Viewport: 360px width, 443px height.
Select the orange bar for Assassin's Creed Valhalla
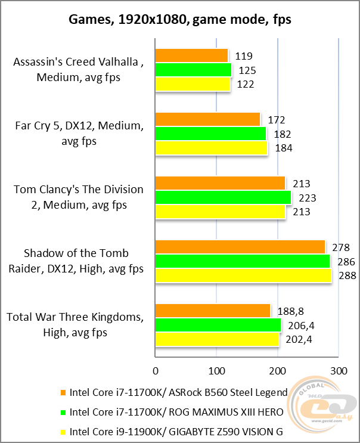click(191, 56)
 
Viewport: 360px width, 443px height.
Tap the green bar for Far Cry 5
click(210, 134)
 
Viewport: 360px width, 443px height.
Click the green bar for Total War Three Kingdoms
click(218, 325)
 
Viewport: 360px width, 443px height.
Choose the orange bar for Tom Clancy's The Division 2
click(220, 183)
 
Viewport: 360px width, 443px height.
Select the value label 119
click(244, 56)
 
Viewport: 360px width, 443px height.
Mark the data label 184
click(283, 148)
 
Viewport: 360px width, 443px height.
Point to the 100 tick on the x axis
click(216, 371)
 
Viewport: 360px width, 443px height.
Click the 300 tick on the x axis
click(339, 371)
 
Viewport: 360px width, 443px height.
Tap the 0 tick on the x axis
click(155, 371)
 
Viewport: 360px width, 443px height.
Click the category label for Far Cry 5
click(79, 134)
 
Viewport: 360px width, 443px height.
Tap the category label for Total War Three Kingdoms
click(75, 325)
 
